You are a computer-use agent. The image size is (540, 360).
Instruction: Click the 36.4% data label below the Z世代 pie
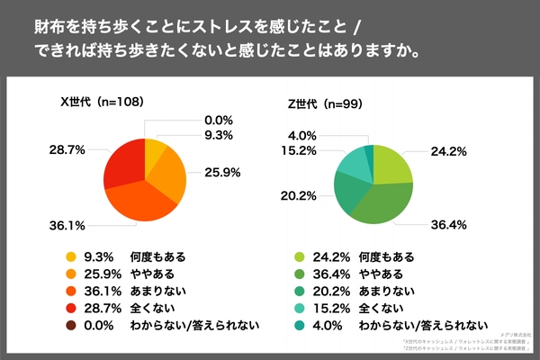[447, 224]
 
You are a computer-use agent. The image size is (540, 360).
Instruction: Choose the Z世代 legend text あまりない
[388, 291]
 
